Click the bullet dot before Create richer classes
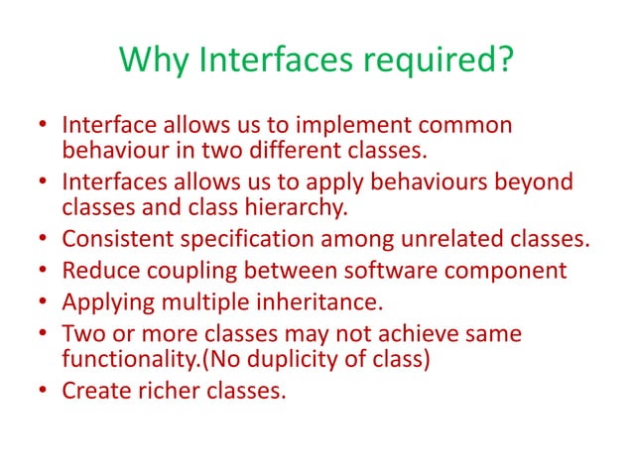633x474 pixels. tap(45, 391)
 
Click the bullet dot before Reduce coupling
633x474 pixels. tap(45, 270)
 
